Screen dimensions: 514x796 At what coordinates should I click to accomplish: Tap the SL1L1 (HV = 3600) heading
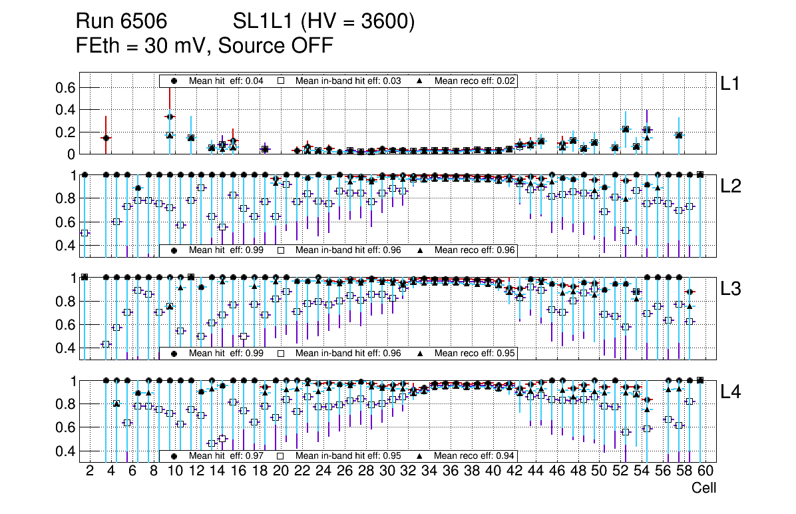point(324,22)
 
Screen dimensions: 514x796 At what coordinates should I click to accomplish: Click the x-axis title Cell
point(703,488)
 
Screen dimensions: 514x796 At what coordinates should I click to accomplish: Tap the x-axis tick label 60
point(705,471)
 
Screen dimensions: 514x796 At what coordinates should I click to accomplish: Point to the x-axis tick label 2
point(90,471)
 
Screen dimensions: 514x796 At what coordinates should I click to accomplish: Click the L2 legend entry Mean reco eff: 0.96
point(466,250)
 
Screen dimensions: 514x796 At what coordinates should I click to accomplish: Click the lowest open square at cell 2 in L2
point(85,233)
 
